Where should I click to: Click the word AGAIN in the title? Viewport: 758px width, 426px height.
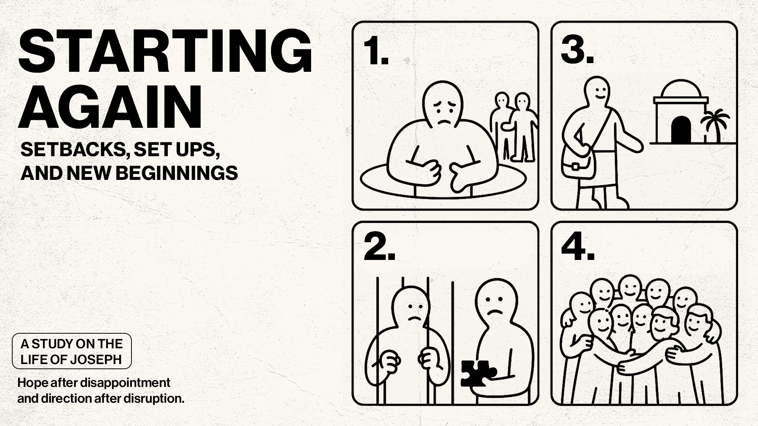click(x=110, y=107)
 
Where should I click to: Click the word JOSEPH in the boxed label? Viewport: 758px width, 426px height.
click(x=96, y=360)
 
